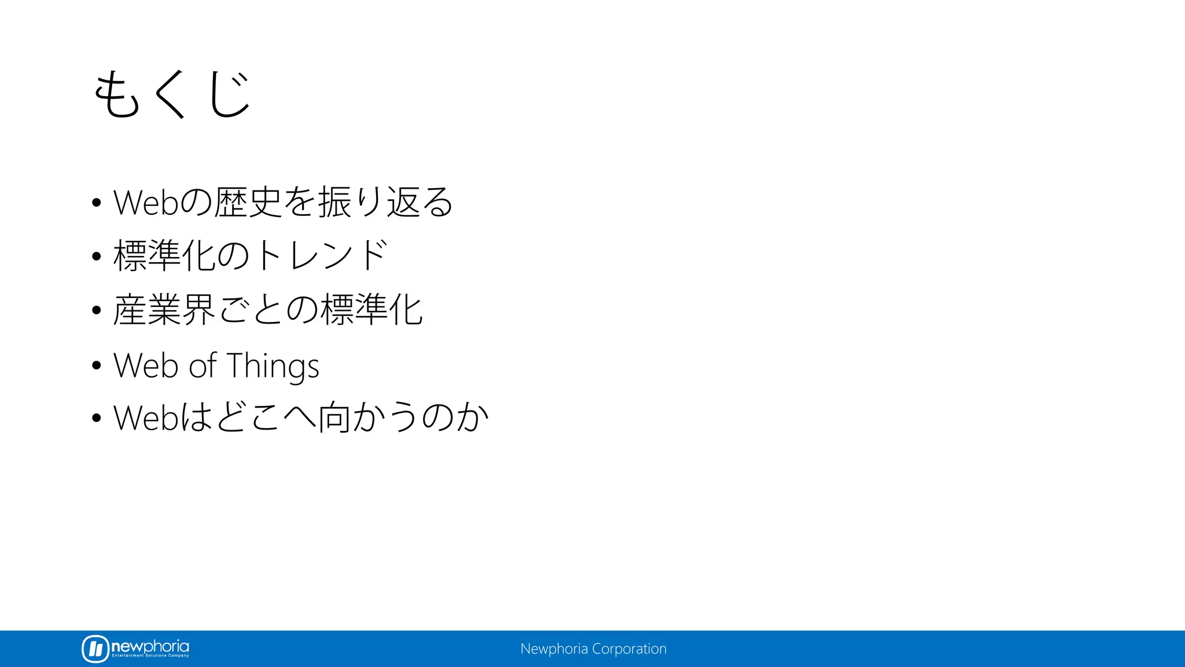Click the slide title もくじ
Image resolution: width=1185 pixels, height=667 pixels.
tap(172, 94)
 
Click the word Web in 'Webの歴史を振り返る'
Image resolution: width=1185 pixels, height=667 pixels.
tap(145, 203)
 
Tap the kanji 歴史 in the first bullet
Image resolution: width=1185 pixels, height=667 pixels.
tap(248, 202)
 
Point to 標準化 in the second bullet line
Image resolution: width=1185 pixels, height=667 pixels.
tap(165, 255)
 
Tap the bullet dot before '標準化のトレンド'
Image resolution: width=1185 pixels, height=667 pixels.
tap(97, 256)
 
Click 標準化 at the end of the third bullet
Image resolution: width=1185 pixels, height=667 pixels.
tap(371, 310)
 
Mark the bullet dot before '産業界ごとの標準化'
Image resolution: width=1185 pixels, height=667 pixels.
tap(97, 310)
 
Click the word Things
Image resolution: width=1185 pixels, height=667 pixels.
tap(273, 366)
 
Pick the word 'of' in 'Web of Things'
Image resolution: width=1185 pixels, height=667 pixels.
tap(203, 366)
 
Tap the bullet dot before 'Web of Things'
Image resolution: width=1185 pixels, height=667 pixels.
tap(97, 366)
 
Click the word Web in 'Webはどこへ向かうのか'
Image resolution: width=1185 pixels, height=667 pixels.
tap(145, 417)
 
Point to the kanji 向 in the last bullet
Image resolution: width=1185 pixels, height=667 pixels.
tap(334, 417)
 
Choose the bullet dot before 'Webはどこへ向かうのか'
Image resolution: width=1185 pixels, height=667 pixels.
tap(97, 418)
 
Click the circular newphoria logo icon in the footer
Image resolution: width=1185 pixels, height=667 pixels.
tap(95, 648)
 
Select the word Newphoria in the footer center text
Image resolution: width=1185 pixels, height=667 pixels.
tap(554, 649)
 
